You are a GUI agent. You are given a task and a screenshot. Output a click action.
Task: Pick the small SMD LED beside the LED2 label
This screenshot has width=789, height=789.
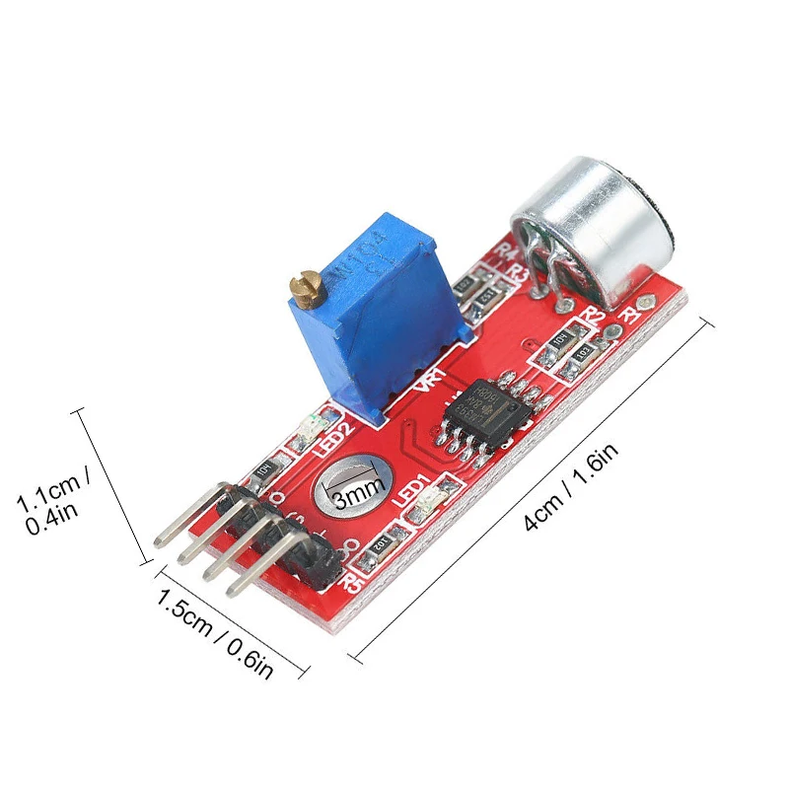pyautogui.click(x=306, y=429)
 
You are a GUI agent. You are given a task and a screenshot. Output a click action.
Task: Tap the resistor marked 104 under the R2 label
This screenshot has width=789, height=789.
pyautogui.click(x=560, y=342)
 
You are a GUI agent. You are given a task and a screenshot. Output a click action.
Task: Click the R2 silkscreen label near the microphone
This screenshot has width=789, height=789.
pyautogui.click(x=593, y=315)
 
